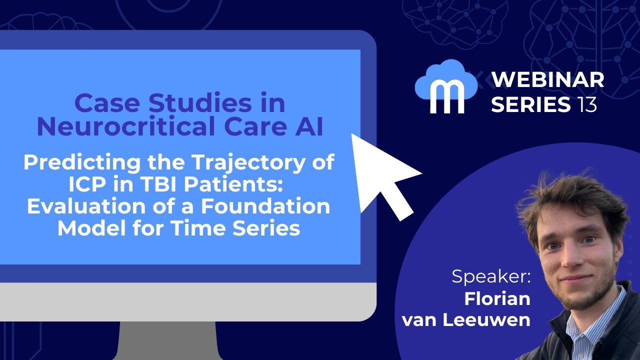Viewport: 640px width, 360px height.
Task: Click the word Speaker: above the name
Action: pyautogui.click(x=491, y=276)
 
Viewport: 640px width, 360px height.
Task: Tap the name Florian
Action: pyautogui.click(x=497, y=298)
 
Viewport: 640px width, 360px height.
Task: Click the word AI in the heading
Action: pyautogui.click(x=305, y=127)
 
